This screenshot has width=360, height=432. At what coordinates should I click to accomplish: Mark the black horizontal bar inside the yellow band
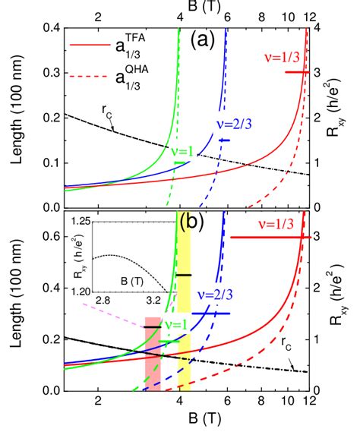pos(184,274)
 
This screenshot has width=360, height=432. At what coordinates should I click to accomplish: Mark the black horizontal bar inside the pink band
pos(153,326)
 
